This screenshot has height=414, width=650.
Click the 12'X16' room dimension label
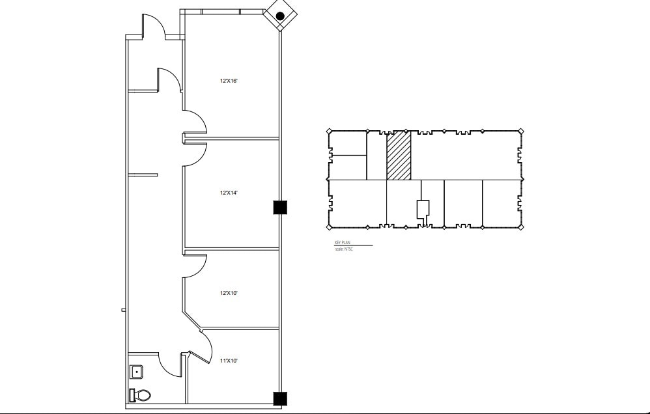[229, 81]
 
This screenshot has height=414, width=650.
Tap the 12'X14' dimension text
[229, 193]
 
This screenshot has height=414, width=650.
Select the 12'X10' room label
[229, 293]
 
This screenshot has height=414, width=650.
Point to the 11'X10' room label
[229, 360]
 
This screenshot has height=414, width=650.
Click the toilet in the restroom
[140, 395]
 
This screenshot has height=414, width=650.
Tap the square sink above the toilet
[137, 372]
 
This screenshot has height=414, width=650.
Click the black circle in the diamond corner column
[280, 16]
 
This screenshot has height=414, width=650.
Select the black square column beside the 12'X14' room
[279, 207]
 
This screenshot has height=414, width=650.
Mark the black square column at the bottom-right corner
[279, 398]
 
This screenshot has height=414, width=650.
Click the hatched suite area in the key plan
[399, 155]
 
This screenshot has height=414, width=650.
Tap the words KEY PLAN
[343, 242]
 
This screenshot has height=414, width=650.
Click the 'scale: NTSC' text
[343, 249]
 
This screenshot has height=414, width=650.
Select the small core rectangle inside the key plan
[423, 208]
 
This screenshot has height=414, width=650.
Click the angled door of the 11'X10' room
[203, 348]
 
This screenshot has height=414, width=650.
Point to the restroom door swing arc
[171, 365]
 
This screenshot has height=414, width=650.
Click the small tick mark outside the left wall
[123, 310]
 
